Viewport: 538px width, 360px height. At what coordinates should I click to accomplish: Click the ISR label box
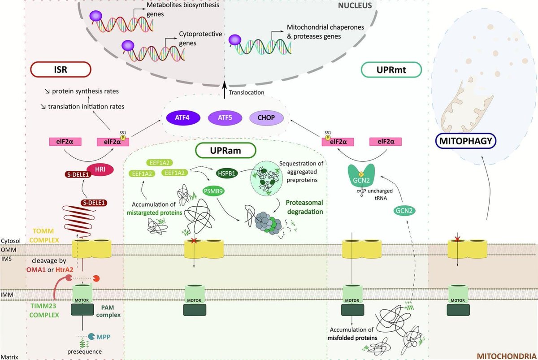point(61,69)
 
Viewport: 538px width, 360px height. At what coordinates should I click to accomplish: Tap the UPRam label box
point(226,150)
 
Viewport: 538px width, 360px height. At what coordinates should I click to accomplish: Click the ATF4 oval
point(182,118)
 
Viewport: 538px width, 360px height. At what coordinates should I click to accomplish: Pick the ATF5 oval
point(225,118)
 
